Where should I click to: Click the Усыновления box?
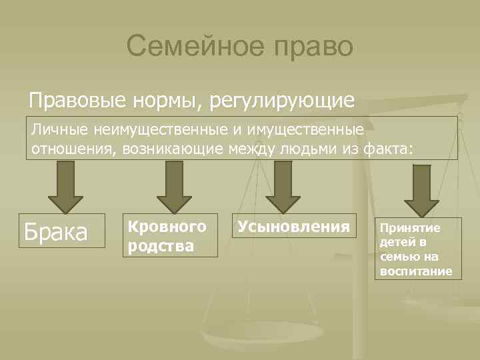pos(293,227)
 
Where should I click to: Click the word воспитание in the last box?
pos(416,271)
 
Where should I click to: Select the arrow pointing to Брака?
pos(65,186)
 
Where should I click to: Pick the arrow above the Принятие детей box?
pos(421,189)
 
